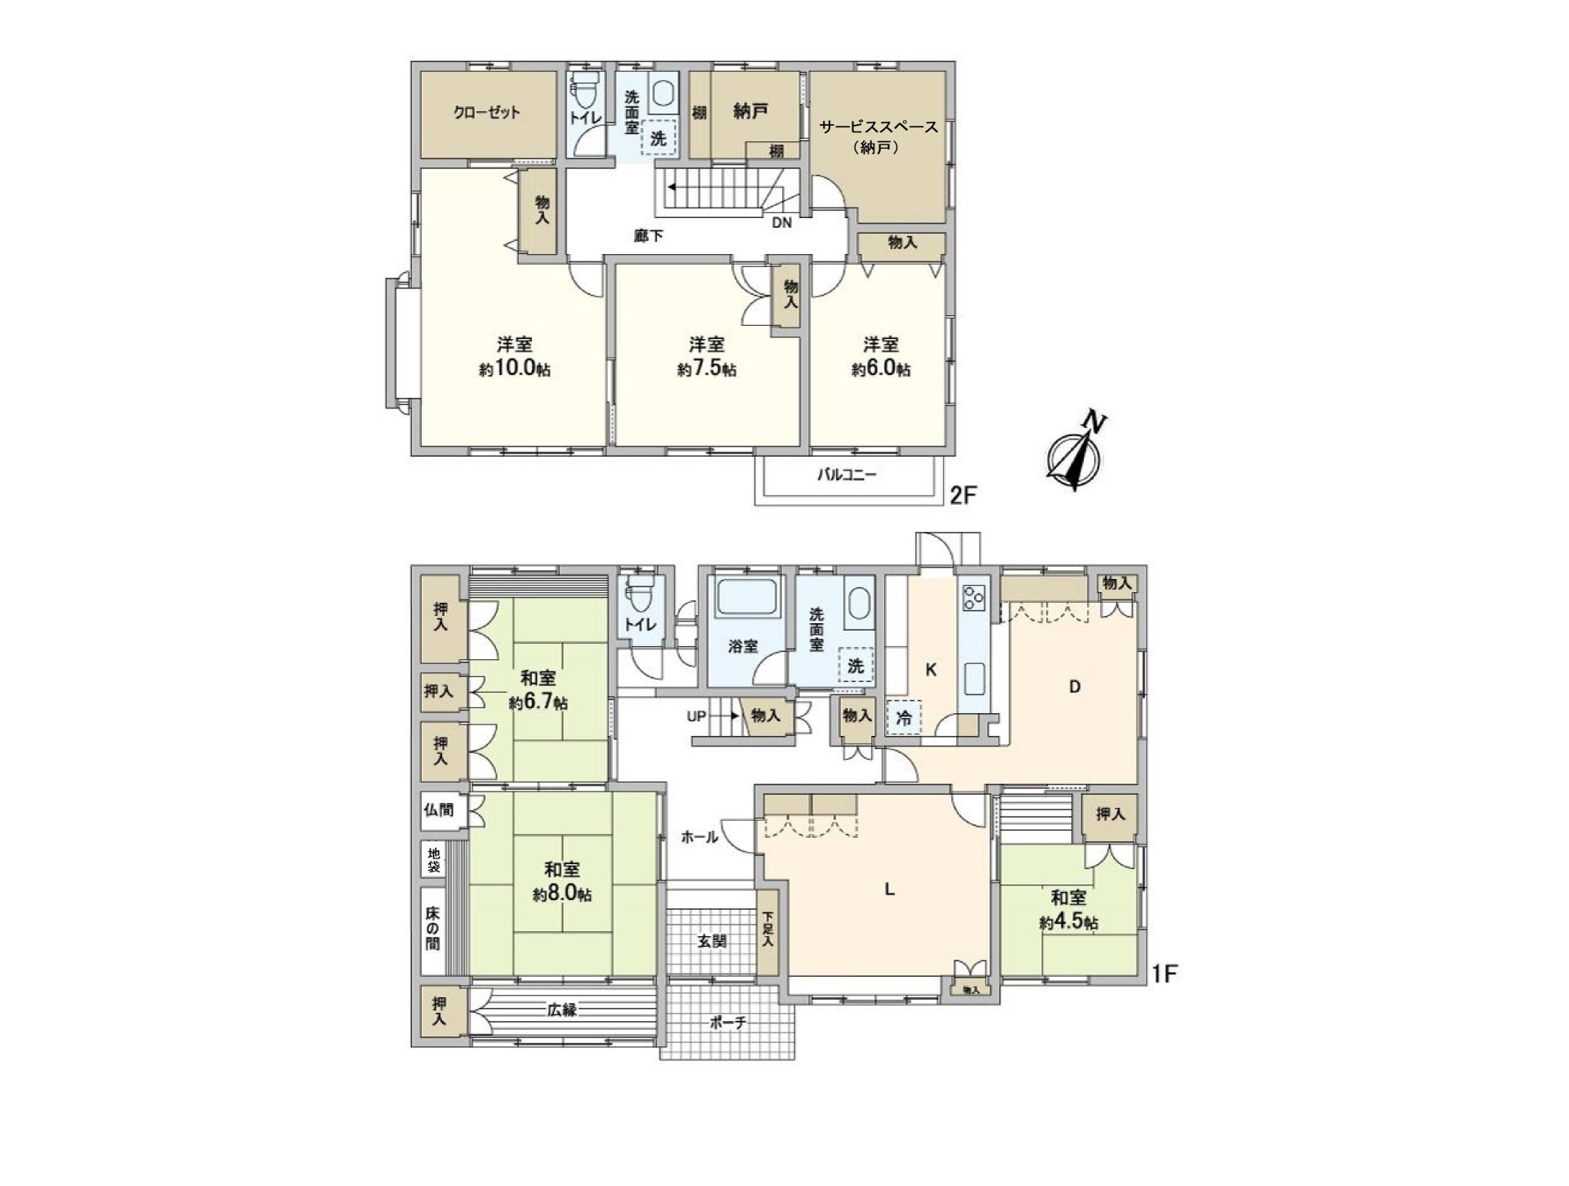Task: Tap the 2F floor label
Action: tap(963, 496)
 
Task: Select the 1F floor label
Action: tap(1164, 974)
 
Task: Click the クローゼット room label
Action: tap(486, 113)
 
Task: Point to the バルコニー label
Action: tap(847, 475)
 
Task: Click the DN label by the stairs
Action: tap(781, 221)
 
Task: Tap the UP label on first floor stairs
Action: tap(696, 716)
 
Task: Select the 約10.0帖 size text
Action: tap(515, 369)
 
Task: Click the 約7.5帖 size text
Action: tap(707, 369)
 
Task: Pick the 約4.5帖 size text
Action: tap(1069, 922)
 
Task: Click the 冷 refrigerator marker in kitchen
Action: tap(904, 720)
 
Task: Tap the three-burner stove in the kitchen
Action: tap(974, 599)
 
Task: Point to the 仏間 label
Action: tap(438, 811)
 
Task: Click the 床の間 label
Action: tap(432, 929)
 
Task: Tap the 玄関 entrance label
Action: tap(712, 941)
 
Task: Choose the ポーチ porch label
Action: tap(727, 1023)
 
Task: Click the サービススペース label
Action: tap(878, 128)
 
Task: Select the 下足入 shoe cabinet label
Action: tap(767, 929)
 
